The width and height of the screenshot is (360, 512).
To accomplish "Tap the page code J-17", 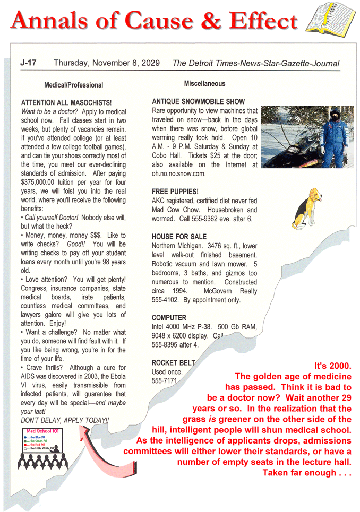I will click(x=28, y=63).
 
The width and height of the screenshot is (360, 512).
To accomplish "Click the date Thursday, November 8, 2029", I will click(x=106, y=63).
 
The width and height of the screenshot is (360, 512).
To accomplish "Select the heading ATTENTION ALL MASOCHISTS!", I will click(x=66, y=102).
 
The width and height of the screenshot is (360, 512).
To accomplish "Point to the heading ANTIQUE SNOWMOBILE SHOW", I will click(x=199, y=101).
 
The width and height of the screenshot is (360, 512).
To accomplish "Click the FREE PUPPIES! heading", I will click(x=175, y=190).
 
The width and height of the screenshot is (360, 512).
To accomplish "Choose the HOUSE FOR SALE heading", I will click(x=179, y=236).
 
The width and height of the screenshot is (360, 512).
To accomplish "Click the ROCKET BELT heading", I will click(x=173, y=363).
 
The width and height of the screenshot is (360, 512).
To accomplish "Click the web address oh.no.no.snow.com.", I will click(x=178, y=173).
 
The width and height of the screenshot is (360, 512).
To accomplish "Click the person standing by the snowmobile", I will click(x=335, y=136).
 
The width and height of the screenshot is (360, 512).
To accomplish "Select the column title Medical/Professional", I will click(x=73, y=85).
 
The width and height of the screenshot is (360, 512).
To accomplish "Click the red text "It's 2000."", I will click(x=333, y=367).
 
